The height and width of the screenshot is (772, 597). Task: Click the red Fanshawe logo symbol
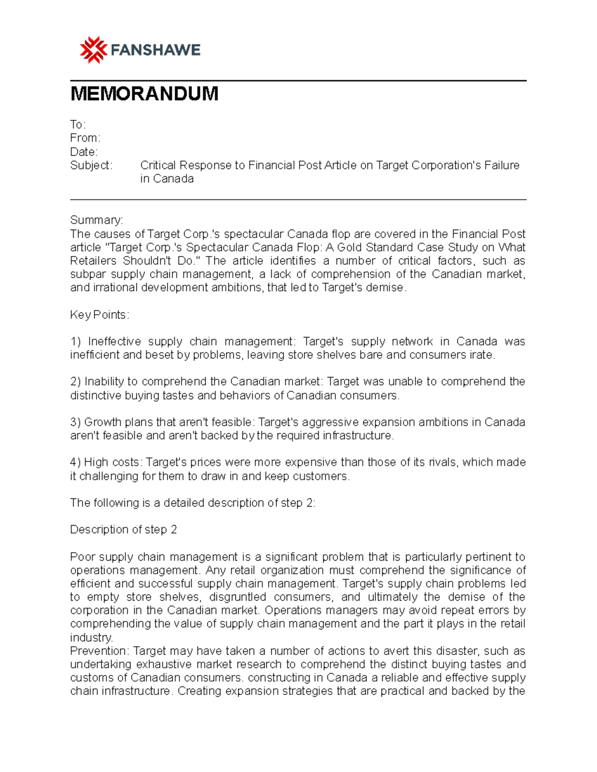94,50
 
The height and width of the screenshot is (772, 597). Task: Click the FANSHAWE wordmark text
155,50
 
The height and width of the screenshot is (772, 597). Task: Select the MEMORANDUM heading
144,93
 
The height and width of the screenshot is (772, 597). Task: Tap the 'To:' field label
78,124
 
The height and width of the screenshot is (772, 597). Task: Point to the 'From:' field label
85,138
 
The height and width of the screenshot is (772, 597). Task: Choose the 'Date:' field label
84,152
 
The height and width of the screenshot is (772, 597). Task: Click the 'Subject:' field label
91,165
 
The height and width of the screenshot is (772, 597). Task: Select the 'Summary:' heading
97,220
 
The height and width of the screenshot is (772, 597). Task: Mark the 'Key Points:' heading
99,315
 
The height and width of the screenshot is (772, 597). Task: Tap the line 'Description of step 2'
123,529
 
